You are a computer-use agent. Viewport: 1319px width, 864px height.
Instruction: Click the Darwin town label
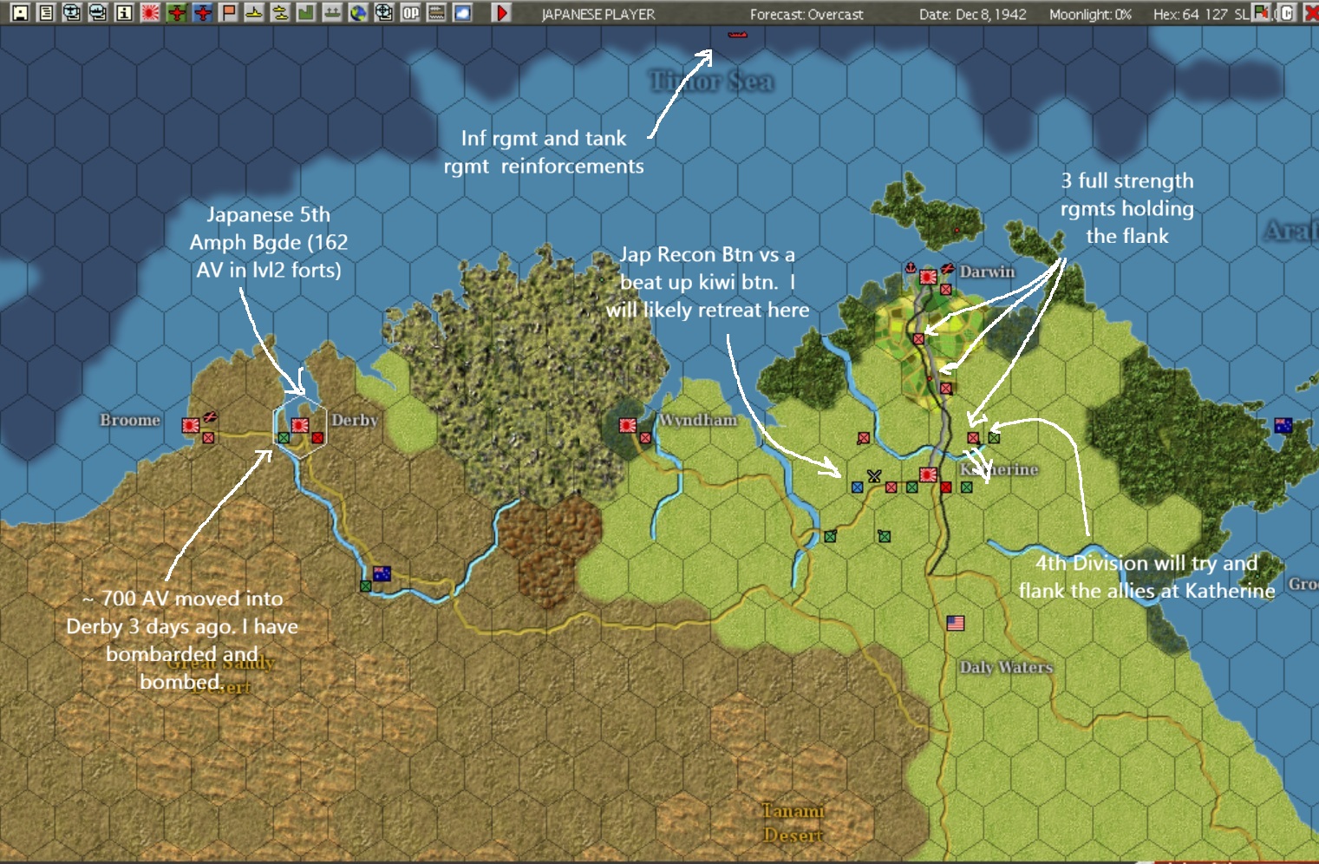(987, 272)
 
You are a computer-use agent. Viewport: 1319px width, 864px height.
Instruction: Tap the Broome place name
(130, 420)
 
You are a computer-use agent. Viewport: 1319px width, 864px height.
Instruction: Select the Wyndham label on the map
(697, 420)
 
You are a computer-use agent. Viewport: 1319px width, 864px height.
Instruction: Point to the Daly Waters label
(1006, 667)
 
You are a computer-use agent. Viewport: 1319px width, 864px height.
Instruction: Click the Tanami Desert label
(793, 822)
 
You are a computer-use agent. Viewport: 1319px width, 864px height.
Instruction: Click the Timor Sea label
(712, 82)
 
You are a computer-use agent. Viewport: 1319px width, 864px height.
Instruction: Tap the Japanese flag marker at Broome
(191, 425)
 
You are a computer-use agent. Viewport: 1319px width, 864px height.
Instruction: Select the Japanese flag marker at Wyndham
(628, 425)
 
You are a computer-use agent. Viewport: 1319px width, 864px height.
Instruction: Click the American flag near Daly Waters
(956, 623)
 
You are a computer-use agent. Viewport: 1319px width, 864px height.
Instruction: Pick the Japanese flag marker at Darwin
(928, 277)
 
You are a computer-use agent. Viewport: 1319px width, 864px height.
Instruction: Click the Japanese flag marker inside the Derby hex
(300, 425)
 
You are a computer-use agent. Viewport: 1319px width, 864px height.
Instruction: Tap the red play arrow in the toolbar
(501, 13)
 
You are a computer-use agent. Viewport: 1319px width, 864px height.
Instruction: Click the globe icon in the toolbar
(358, 13)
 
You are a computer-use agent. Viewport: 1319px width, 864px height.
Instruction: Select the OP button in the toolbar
(410, 13)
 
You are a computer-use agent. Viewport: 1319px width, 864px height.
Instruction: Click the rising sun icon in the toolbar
(150, 13)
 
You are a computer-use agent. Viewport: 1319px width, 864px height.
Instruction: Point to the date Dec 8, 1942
(973, 15)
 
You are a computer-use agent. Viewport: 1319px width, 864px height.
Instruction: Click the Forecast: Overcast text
(806, 15)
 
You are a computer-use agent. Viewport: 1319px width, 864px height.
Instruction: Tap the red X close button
(1311, 13)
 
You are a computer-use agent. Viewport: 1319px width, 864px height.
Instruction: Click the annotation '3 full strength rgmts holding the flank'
(1127, 208)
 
